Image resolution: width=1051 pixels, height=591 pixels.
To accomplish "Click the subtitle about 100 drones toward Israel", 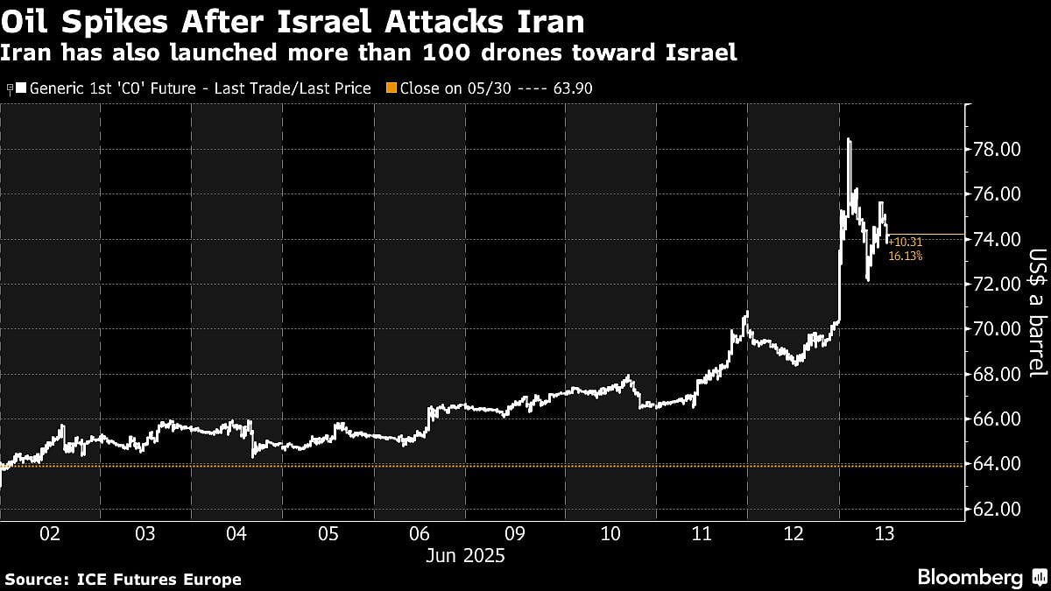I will click(x=368, y=53).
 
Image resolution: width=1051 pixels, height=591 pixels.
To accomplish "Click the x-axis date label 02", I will click(x=50, y=533).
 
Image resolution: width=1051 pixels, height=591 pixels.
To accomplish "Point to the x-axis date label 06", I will click(x=420, y=533).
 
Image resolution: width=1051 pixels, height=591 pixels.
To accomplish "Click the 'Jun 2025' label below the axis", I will click(x=467, y=556).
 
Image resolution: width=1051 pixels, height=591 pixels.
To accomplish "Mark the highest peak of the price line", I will click(x=849, y=139).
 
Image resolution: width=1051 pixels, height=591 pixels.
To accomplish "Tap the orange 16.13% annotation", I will click(x=905, y=257).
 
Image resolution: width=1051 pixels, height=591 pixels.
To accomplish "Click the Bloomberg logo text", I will click(x=970, y=578).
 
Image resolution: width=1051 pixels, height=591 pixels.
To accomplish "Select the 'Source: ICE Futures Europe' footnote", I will click(x=123, y=580).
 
